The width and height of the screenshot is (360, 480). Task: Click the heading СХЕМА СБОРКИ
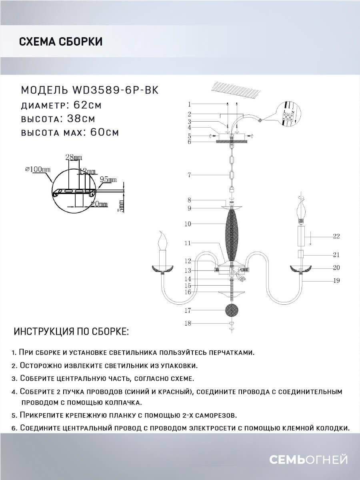click(x=60, y=41)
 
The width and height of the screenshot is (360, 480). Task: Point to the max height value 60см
click(x=101, y=132)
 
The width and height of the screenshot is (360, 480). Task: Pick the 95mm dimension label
click(x=108, y=180)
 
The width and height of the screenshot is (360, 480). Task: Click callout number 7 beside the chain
click(x=190, y=175)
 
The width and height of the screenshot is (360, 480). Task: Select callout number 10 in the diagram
click(x=188, y=224)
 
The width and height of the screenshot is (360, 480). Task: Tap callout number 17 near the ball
click(x=188, y=310)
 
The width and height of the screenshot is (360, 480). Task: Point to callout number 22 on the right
click(x=336, y=236)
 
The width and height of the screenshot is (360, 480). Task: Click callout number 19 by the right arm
click(x=336, y=281)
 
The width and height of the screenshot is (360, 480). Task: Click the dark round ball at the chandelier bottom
click(x=231, y=310)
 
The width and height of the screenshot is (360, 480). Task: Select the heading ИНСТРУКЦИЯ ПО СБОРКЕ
click(x=71, y=332)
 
